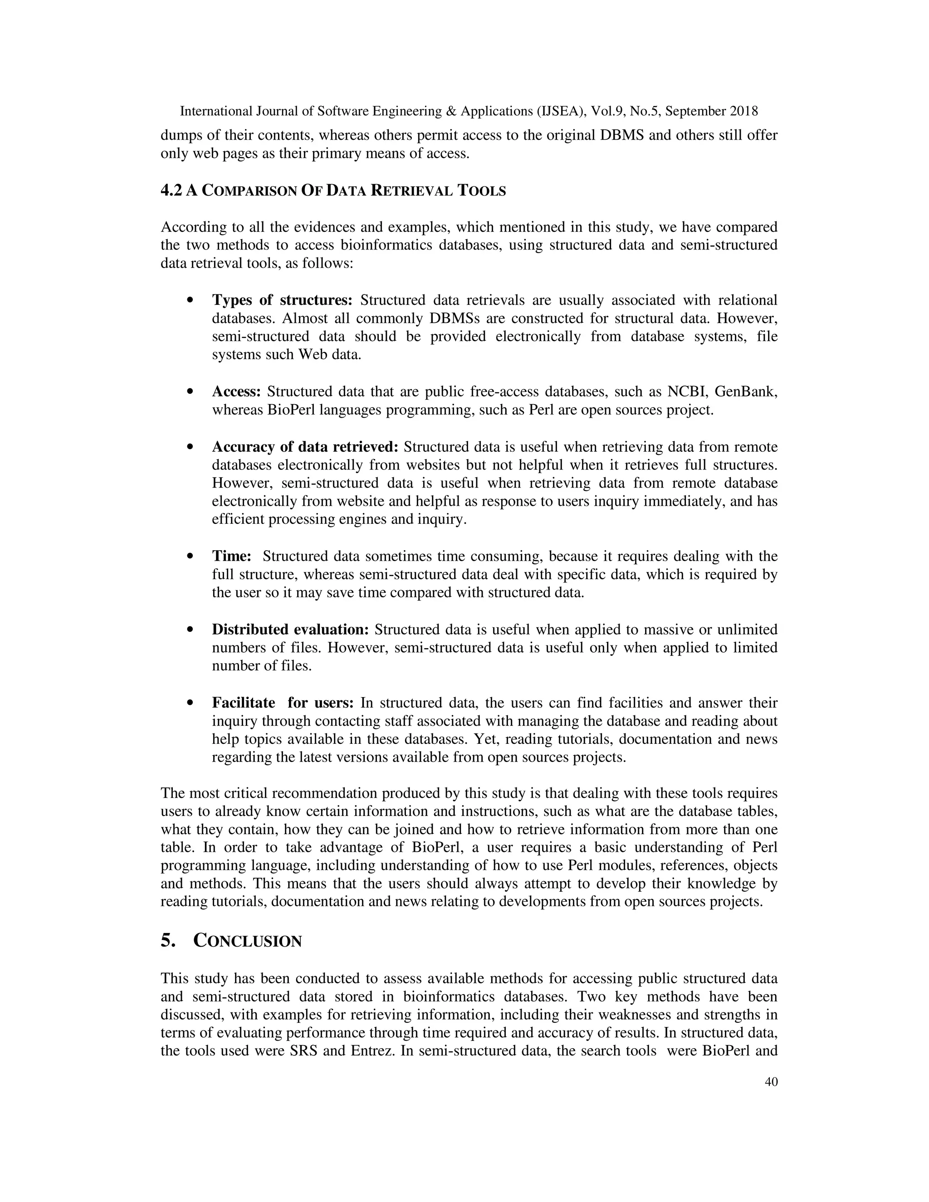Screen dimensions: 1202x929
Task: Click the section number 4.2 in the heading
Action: pos(171,191)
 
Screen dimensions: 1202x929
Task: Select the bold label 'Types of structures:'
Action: pos(282,300)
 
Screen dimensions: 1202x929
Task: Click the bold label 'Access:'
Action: pos(236,392)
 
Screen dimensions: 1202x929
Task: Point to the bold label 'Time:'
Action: pos(232,557)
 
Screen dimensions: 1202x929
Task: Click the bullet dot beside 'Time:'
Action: pos(190,557)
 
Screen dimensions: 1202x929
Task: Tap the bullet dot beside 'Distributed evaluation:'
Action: pos(190,630)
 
